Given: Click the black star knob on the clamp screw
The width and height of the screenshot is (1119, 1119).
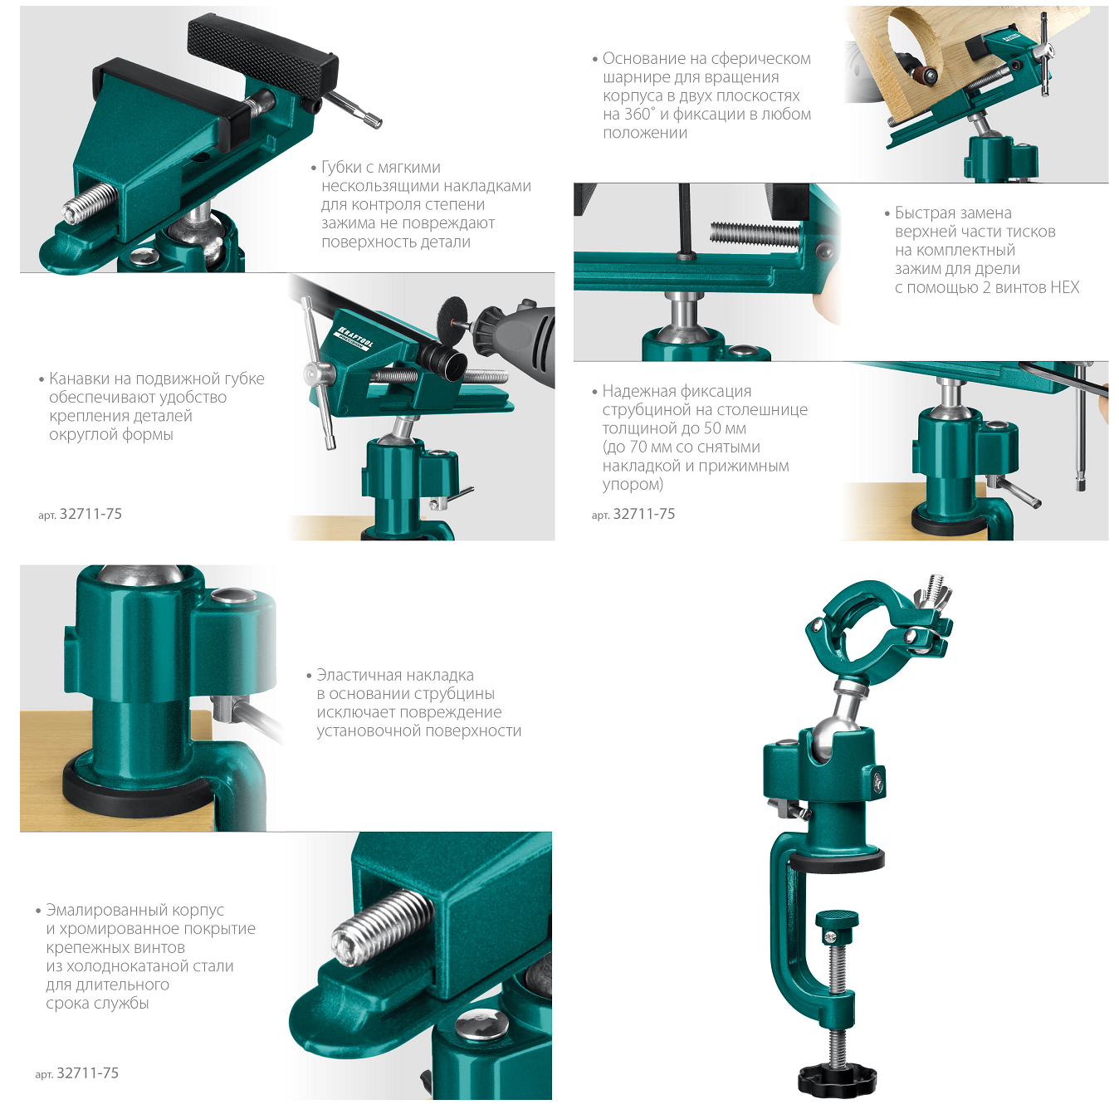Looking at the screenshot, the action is point(836,1080).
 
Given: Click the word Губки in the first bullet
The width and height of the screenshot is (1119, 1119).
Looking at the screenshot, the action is point(344,168).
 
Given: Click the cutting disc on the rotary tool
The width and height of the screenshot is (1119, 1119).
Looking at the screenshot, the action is point(453,317).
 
